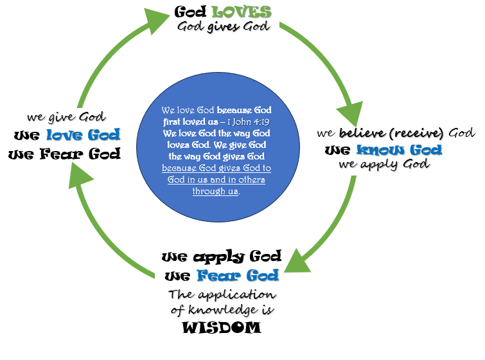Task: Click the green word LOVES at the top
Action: click(242, 12)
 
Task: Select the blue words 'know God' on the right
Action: click(400, 150)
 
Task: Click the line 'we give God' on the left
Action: click(66, 117)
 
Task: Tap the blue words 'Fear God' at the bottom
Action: click(238, 276)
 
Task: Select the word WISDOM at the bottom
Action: click(222, 327)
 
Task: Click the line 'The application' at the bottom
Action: click(222, 295)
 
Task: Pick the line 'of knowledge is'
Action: click(222, 310)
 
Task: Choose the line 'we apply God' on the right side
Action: click(384, 165)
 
